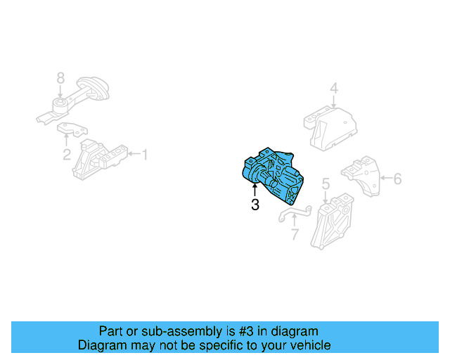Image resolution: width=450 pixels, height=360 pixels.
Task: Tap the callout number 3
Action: [255, 206]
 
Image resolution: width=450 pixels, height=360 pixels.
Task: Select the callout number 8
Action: [60, 77]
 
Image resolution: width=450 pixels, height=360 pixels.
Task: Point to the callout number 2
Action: [67, 155]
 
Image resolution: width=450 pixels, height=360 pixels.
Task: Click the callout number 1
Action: [145, 154]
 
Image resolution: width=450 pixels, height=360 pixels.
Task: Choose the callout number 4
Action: [334, 89]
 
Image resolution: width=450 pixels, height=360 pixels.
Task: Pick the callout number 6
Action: [397, 179]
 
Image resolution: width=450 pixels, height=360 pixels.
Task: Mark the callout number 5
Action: [326, 184]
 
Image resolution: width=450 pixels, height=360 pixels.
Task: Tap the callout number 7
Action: [294, 235]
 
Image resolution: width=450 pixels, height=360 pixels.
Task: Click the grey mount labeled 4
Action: [330, 127]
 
